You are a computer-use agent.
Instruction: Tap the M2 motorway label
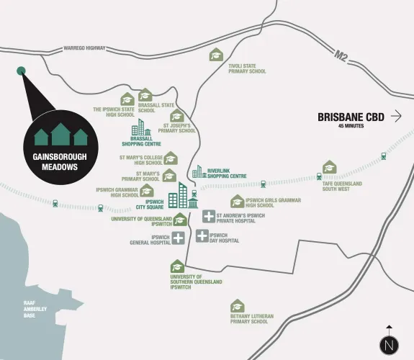point(342,55)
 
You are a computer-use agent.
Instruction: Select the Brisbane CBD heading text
point(350,117)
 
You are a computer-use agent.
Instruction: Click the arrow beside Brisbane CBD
point(396,116)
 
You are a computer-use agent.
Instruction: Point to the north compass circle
point(389,344)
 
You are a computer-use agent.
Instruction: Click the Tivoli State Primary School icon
point(216,55)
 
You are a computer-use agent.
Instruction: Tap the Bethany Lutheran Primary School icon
point(237,306)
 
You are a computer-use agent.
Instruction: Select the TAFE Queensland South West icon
point(329,168)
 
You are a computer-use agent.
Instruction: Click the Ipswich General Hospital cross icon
point(178,238)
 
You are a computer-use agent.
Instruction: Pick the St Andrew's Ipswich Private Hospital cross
point(209,216)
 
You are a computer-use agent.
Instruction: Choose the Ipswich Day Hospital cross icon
point(202,235)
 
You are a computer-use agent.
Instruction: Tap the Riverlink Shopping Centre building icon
point(199,171)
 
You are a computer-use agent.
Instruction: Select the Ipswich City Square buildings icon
point(183,196)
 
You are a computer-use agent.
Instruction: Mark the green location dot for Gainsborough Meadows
point(21,71)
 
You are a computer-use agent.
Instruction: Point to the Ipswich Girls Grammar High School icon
point(237,202)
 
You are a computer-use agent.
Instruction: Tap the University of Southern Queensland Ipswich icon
point(177,267)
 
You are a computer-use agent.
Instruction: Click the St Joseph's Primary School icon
point(177,117)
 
